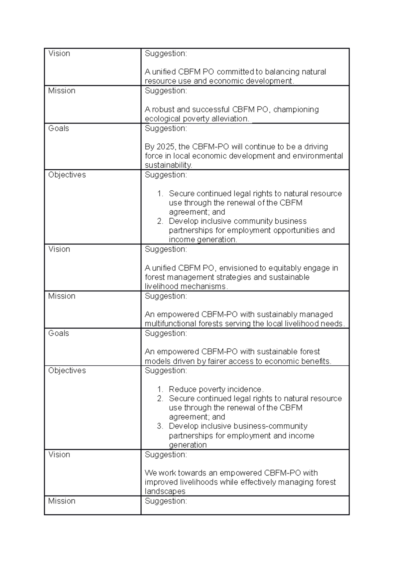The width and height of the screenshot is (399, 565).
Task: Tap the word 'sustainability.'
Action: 168,165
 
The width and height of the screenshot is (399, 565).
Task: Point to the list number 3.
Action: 160,426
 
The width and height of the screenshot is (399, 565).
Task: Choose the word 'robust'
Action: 163,109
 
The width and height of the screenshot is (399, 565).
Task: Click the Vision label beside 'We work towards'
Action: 59,455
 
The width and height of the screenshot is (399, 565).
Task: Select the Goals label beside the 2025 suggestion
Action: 59,128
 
